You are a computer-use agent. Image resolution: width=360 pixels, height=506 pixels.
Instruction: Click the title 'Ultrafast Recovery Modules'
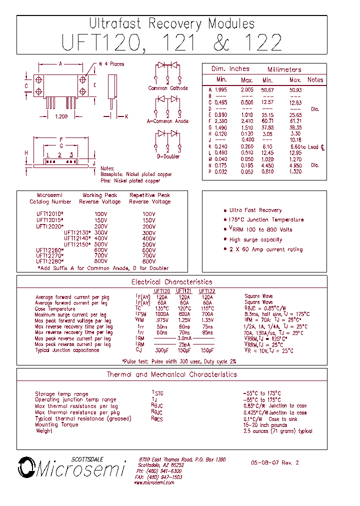(x=171, y=23)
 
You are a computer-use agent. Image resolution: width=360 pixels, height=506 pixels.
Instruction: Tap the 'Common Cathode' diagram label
(x=168, y=88)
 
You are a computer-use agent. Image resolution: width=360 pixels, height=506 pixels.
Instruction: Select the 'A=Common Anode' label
(x=167, y=121)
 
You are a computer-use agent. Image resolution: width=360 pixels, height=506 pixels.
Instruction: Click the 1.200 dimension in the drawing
(x=61, y=116)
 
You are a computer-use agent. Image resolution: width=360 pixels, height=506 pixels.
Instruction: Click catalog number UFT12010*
(x=50, y=213)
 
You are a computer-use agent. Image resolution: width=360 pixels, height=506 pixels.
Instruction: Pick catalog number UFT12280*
(x=50, y=261)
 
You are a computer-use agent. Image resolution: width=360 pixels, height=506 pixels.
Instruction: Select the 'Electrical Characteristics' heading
(x=171, y=282)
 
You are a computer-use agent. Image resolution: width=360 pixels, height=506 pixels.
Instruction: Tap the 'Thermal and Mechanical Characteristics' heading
(x=171, y=374)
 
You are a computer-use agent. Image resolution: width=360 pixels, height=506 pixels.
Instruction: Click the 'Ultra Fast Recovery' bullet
(x=255, y=210)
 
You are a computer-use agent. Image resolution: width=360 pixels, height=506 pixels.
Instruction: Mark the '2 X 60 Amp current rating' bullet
(x=266, y=249)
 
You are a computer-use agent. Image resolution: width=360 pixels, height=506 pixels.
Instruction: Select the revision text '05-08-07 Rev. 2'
(x=274, y=463)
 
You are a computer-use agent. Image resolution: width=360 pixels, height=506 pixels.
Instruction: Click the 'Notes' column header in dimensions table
(x=315, y=80)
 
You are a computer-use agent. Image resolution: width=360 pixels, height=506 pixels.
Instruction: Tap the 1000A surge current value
(x=162, y=315)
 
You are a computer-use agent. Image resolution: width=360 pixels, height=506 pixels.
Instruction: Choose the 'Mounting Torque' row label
(x=56, y=424)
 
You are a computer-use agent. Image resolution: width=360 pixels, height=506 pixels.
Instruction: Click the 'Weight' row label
(x=44, y=430)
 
